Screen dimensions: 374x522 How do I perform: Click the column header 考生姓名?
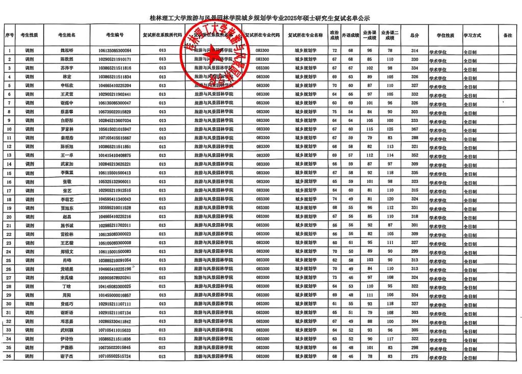point(67,36)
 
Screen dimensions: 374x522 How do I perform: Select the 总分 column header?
point(414,36)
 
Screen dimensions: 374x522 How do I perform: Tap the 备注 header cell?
point(507,36)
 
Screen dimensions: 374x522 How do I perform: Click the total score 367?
point(414,129)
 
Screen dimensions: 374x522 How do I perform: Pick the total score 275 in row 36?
point(414,356)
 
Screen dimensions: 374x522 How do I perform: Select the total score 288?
point(414,138)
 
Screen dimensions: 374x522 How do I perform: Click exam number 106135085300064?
point(115,50)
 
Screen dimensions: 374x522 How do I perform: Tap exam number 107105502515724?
point(115,356)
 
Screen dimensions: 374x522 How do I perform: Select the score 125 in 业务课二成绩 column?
point(390,129)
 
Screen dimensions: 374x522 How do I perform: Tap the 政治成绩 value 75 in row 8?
point(334,112)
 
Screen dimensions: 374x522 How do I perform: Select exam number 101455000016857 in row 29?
point(115,295)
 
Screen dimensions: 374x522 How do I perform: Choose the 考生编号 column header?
point(115,36)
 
